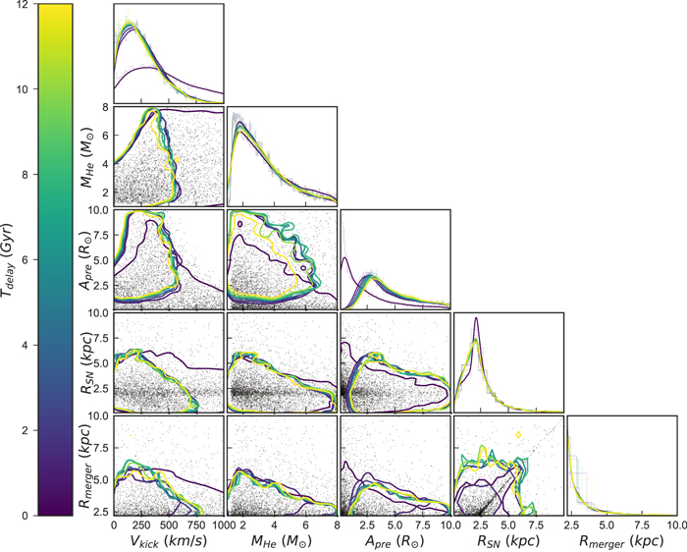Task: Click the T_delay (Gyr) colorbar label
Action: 14,259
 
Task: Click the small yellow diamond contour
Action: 517,434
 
